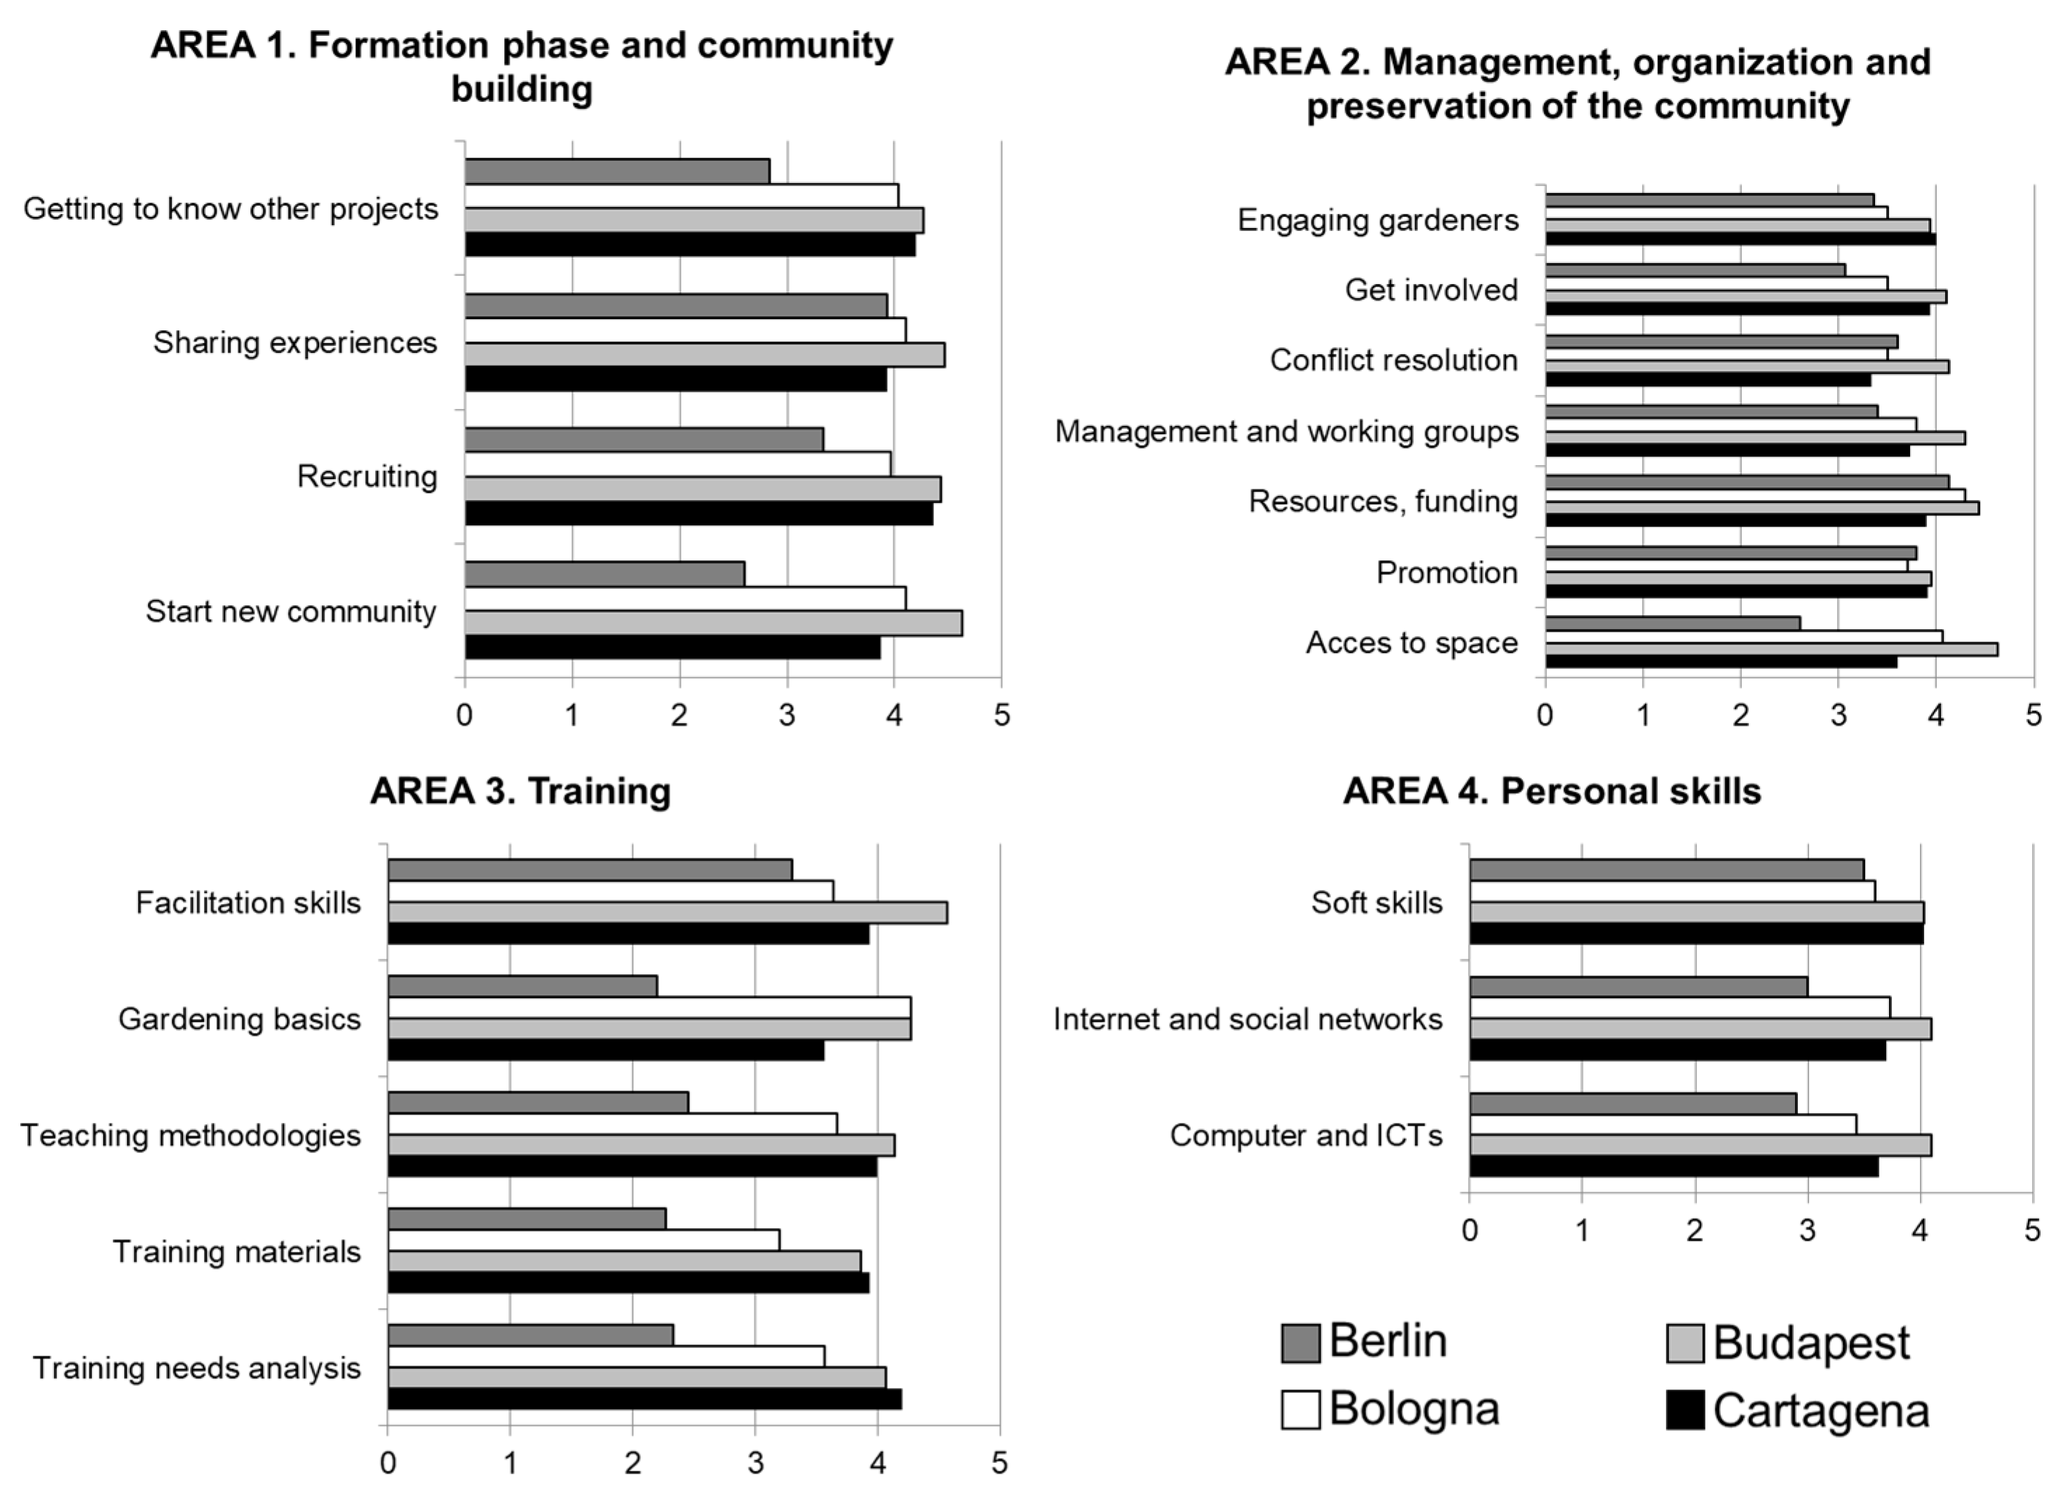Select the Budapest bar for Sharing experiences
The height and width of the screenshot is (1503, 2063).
click(704, 355)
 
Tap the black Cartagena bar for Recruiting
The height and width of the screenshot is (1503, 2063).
click(698, 514)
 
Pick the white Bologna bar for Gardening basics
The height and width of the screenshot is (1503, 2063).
click(649, 1007)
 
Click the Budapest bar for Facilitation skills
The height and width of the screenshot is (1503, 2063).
click(667, 912)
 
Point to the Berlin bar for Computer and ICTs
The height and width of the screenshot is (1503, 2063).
click(1632, 1104)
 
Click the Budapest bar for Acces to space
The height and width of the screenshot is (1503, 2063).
click(1771, 649)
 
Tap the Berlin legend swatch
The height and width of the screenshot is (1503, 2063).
click(1300, 1344)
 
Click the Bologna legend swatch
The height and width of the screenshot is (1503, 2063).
click(1300, 1410)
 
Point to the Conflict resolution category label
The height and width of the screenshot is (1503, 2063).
click(1393, 360)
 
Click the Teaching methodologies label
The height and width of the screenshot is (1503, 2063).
click(191, 1135)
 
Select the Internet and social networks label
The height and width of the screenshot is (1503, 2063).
click(1247, 1019)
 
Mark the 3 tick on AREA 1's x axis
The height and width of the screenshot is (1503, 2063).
click(787, 716)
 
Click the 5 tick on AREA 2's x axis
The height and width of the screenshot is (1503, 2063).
click(2033, 716)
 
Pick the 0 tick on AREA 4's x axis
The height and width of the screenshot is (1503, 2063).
click(1470, 1231)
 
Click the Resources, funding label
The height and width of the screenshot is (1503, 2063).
click(1383, 501)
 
